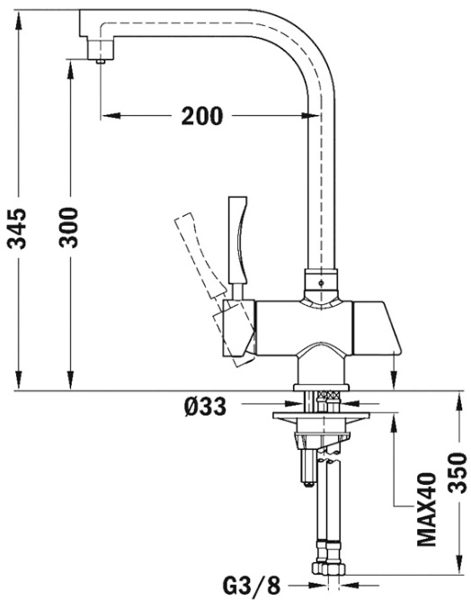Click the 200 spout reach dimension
coord(201,115)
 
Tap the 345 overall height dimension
coord(18,228)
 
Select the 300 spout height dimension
coord(69,228)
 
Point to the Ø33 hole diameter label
coord(205,407)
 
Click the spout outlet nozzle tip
coord(101,61)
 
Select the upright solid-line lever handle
coord(238,245)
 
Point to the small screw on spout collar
coord(321,283)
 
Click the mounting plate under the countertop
coord(321,416)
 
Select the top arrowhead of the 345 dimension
coord(18,20)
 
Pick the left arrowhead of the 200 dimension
coord(111,115)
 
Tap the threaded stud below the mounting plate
coord(307,468)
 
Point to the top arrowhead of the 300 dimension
coord(69,69)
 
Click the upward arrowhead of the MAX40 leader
coord(395,424)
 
